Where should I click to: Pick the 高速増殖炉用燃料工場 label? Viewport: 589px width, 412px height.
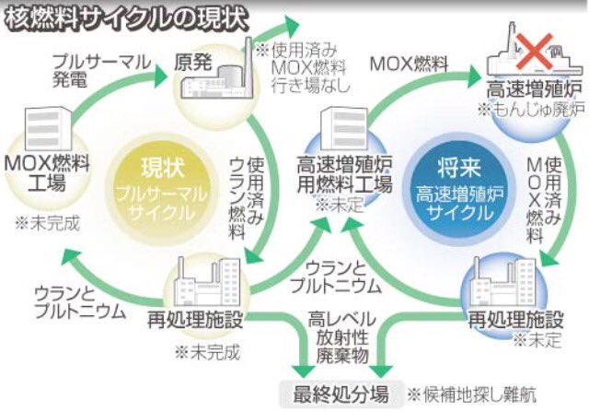coord(345,174)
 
